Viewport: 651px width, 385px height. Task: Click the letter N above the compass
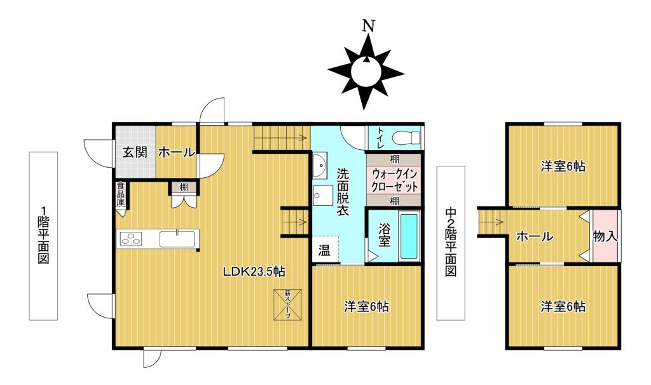coord(367,26)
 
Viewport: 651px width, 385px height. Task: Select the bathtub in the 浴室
coord(409,236)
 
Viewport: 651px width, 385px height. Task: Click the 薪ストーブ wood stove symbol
coord(287,304)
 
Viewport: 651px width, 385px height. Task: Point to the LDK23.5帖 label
coord(254,272)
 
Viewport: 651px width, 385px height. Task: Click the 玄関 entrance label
coord(135,152)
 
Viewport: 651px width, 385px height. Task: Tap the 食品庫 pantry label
coord(120,194)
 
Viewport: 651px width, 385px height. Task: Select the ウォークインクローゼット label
coord(394,180)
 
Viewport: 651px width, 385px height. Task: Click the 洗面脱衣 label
coord(343,192)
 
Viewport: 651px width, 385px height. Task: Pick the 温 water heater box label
coord(324,250)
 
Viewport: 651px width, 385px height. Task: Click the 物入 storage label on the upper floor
coord(605,236)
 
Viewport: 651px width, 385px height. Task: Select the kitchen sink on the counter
coord(177,239)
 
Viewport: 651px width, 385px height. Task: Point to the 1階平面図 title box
coord(43,236)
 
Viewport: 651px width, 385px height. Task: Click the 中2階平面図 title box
coord(451,243)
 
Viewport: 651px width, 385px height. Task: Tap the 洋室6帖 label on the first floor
coord(367,307)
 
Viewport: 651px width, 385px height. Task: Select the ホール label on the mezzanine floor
coord(535,237)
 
